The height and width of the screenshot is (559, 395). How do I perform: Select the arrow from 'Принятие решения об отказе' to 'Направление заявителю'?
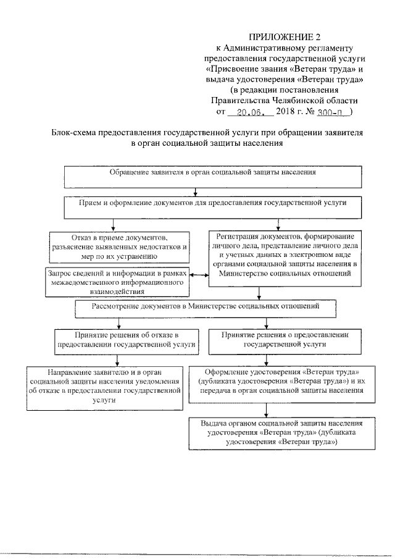click(x=116, y=359)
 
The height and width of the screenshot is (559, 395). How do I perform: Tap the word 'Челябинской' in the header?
click(x=304, y=101)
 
